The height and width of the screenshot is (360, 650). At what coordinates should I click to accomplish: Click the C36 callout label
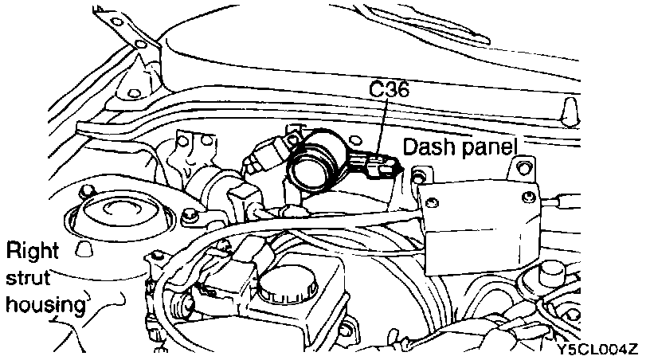tap(390, 90)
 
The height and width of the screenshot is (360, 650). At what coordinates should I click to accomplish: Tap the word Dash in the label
tap(429, 147)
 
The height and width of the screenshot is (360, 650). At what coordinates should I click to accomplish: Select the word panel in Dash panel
tap(487, 147)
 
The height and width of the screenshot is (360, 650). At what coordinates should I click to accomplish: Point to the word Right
tap(33, 252)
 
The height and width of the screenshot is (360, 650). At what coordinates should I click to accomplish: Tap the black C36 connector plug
tap(378, 166)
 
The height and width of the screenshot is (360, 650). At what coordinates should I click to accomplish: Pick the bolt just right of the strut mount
tap(190, 217)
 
